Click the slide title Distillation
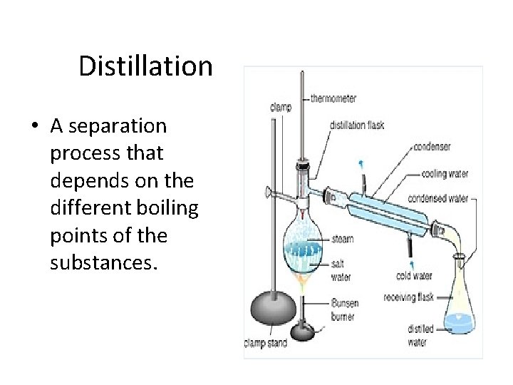pyautogui.click(x=145, y=66)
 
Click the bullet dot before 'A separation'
pyautogui.click(x=34, y=127)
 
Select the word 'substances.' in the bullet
pyautogui.click(x=103, y=262)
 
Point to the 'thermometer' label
pyautogui.click(x=333, y=98)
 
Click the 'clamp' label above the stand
pyautogui.click(x=280, y=108)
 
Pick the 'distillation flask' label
pyautogui.click(x=356, y=125)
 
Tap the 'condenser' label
pyautogui.click(x=432, y=148)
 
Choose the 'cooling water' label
pyautogui.click(x=445, y=173)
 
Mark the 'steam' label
pyautogui.click(x=342, y=239)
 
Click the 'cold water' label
pyautogui.click(x=414, y=277)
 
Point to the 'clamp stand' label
pyautogui.click(x=265, y=344)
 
